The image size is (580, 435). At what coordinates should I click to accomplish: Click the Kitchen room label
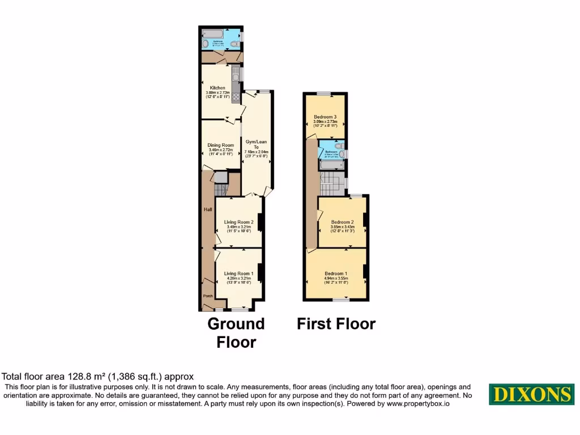[217, 88]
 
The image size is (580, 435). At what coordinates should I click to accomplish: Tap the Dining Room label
[220, 145]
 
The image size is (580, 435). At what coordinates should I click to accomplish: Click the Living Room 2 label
[238, 221]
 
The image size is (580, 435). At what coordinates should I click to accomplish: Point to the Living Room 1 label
[238, 274]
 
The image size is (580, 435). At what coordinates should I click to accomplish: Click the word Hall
[208, 210]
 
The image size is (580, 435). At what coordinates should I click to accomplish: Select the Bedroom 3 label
[325, 117]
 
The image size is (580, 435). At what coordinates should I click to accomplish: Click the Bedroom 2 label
[342, 221]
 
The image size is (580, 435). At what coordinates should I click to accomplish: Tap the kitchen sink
[235, 74]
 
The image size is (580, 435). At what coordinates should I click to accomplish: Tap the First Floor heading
[336, 324]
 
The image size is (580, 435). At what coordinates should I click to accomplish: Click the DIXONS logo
[531, 394]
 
